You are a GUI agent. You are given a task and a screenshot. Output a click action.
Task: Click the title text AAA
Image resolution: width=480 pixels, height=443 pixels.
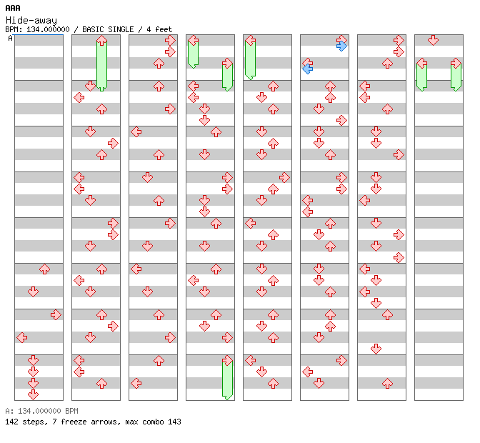pyautogui.click(x=13, y=8)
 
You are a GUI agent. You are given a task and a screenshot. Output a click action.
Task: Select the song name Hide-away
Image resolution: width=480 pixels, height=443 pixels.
pyautogui.click(x=31, y=21)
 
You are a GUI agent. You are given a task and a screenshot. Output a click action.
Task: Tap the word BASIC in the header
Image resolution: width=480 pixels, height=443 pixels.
pyautogui.click(x=93, y=29)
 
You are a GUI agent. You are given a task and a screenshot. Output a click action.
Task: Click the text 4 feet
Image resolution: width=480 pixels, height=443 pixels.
pyautogui.click(x=159, y=29)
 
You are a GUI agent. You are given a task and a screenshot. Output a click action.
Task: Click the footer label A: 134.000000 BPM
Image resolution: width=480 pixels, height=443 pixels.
pyautogui.click(x=41, y=411)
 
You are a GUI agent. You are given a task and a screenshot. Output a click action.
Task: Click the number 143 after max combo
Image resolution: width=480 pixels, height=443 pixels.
pyautogui.click(x=174, y=422)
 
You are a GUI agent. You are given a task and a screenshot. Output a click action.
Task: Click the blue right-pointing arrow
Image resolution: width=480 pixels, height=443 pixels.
pyautogui.click(x=341, y=46)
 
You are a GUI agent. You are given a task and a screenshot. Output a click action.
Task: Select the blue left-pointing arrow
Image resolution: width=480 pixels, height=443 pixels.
pyautogui.click(x=308, y=69)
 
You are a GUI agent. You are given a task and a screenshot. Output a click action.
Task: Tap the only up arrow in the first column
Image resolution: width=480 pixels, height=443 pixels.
pyautogui.click(x=45, y=269)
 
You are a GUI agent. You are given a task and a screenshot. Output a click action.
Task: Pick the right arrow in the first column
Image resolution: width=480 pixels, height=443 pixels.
pyautogui.click(x=56, y=314)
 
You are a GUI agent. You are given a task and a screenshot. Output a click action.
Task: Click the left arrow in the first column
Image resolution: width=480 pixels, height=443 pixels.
pyautogui.click(x=21, y=338)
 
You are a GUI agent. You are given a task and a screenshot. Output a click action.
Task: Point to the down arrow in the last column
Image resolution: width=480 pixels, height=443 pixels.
pyautogui.click(x=433, y=40)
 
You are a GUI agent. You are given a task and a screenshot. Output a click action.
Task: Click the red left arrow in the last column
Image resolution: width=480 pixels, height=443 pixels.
pyautogui.click(x=422, y=64)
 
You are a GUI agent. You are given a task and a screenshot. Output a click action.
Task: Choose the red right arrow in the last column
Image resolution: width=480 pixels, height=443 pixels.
pyautogui.click(x=456, y=64)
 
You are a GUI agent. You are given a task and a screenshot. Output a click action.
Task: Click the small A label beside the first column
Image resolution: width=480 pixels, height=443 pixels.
pyautogui.click(x=10, y=38)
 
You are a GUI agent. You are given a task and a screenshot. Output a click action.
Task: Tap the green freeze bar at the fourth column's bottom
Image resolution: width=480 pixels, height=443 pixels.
pyautogui.click(x=227, y=380)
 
